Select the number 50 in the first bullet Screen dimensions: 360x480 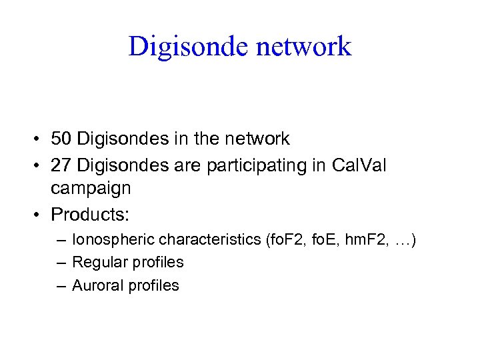click(62, 139)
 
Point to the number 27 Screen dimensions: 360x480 click(62, 164)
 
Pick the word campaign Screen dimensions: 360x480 click(91, 189)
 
